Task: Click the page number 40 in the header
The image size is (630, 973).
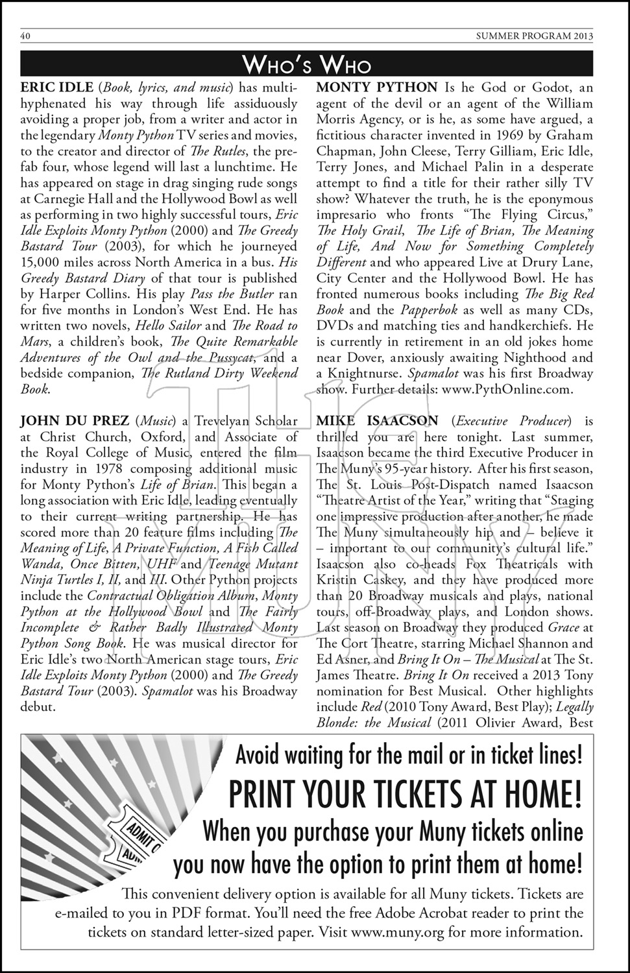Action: [26, 36]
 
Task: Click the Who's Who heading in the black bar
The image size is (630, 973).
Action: [307, 64]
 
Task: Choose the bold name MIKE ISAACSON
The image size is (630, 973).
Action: [377, 422]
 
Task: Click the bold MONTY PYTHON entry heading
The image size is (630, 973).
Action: [377, 88]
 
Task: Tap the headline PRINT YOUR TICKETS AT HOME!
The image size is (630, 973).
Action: [405, 793]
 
